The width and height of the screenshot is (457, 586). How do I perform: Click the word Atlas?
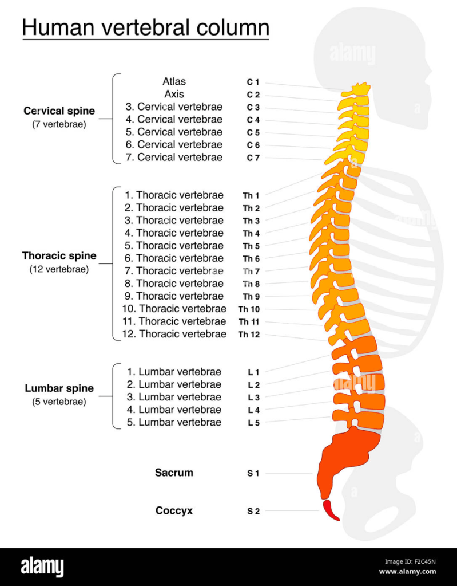[x=174, y=81]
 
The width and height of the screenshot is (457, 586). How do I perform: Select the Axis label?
[x=174, y=94]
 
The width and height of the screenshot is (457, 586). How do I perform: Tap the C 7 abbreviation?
[x=253, y=158]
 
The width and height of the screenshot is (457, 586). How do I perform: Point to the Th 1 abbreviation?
[x=251, y=195]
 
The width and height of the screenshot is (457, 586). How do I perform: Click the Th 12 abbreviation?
[x=249, y=335]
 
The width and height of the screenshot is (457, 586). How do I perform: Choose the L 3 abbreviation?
[x=254, y=398]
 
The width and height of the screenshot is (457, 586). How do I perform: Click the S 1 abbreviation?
[x=253, y=473]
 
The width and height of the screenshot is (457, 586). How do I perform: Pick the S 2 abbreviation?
[x=253, y=511]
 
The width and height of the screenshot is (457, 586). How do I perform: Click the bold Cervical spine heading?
[x=59, y=111]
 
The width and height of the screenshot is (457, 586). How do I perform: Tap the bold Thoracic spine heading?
[x=59, y=256]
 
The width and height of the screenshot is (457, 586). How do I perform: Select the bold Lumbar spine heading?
[x=59, y=388]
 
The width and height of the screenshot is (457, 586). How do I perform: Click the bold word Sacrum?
[x=174, y=473]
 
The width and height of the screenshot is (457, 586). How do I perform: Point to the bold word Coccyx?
[x=174, y=510]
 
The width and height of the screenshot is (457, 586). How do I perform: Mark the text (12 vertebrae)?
[x=59, y=269]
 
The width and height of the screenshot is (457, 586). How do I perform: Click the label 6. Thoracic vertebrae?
[x=174, y=258]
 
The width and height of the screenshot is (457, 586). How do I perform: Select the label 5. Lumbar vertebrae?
[x=174, y=422]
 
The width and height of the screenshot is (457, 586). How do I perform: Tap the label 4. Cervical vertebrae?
[x=174, y=120]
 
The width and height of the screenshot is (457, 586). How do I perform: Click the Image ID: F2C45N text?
[x=410, y=562]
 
